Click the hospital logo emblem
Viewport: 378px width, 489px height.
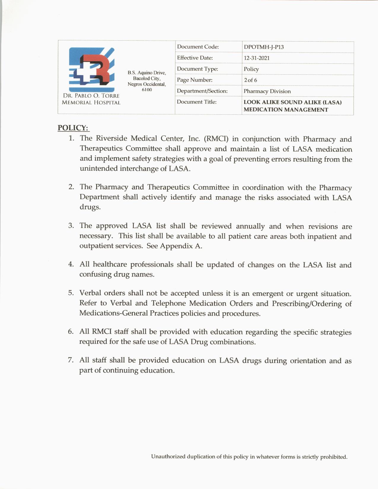point(92,69)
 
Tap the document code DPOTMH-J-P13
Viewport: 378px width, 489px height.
point(264,47)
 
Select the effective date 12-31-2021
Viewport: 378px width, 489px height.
point(256,58)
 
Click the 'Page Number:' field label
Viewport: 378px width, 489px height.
point(194,80)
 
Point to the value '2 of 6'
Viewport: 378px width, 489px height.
point(251,80)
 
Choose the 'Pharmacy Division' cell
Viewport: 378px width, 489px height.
point(267,91)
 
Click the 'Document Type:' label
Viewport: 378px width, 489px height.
point(197,69)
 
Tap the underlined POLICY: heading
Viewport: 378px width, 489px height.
point(73,128)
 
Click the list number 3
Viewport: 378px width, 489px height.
point(71,226)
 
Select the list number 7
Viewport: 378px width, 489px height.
point(71,360)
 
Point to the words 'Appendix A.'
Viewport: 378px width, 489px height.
point(181,246)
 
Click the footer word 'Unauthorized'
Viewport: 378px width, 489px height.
point(168,457)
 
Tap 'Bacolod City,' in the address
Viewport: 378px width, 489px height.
point(147,79)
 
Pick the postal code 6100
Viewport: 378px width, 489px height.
point(147,90)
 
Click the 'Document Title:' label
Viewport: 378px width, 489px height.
point(197,102)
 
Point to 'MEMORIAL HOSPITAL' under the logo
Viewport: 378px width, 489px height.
point(91,103)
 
